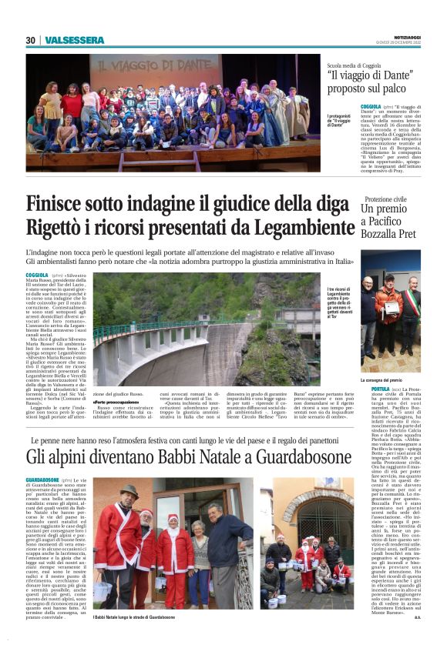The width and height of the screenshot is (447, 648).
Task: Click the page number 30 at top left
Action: tap(31, 40)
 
